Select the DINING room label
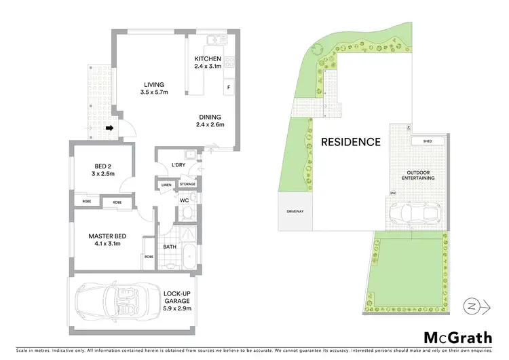tap(210, 120)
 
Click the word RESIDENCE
tap(350, 142)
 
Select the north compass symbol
tap(476, 306)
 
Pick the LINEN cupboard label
tap(166, 184)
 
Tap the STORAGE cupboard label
tap(187, 184)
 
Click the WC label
tap(184, 200)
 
